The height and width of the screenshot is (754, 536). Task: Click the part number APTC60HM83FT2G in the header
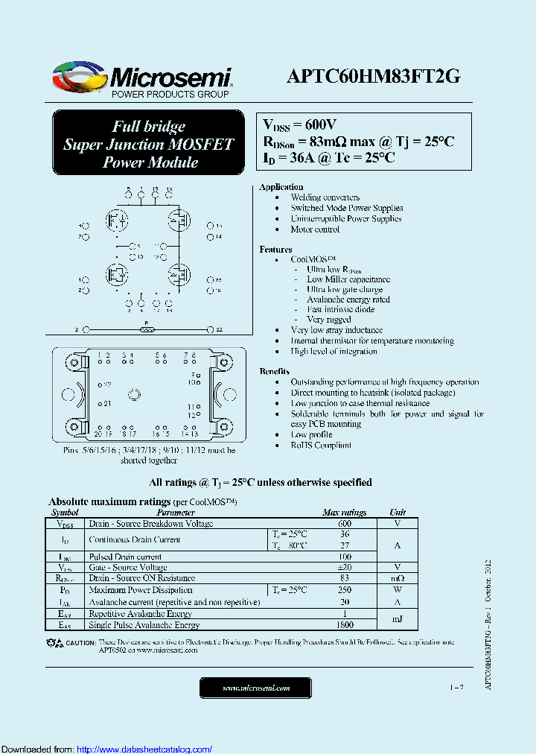tap(374, 77)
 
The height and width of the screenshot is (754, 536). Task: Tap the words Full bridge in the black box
tap(148, 126)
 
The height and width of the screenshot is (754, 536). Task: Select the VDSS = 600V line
tap(300, 124)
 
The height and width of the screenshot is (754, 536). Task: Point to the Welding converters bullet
tap(325, 197)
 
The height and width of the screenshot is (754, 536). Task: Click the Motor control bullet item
tap(315, 229)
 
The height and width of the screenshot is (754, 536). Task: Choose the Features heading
tap(275, 250)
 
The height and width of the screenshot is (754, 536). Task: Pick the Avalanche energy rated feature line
tap(348, 300)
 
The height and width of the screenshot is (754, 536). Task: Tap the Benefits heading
tap(275, 371)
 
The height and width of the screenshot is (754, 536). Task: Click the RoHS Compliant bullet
tap(321, 445)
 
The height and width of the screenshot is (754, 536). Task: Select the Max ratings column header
tap(344, 513)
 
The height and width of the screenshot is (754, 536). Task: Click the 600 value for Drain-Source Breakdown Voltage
tap(344, 524)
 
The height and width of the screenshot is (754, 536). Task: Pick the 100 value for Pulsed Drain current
tap(344, 557)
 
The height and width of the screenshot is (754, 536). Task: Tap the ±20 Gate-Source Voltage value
tap(344, 567)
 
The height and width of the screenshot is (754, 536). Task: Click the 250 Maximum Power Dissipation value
tap(344, 589)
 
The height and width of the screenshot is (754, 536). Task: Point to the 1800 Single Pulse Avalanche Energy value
tap(344, 625)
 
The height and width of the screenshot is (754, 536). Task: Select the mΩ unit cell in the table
tap(398, 578)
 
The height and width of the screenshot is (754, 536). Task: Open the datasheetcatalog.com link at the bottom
tap(144, 749)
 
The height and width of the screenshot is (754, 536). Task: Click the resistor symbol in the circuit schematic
tap(147, 329)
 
